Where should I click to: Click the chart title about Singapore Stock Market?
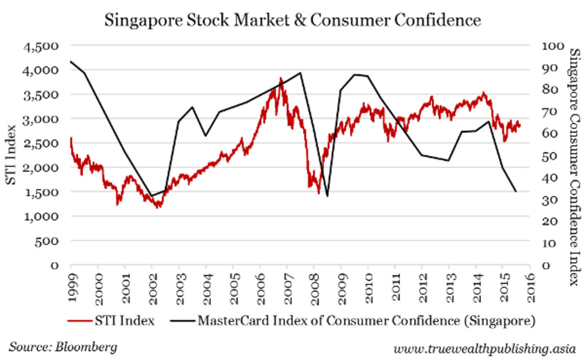(292, 20)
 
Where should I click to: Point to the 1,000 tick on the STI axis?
(43, 216)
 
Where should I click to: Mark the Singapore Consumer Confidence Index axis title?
(574, 167)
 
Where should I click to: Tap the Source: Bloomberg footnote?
(63, 347)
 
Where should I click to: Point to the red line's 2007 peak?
(281, 78)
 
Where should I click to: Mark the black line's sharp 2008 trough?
(327, 196)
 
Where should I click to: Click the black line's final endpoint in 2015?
(516, 192)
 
